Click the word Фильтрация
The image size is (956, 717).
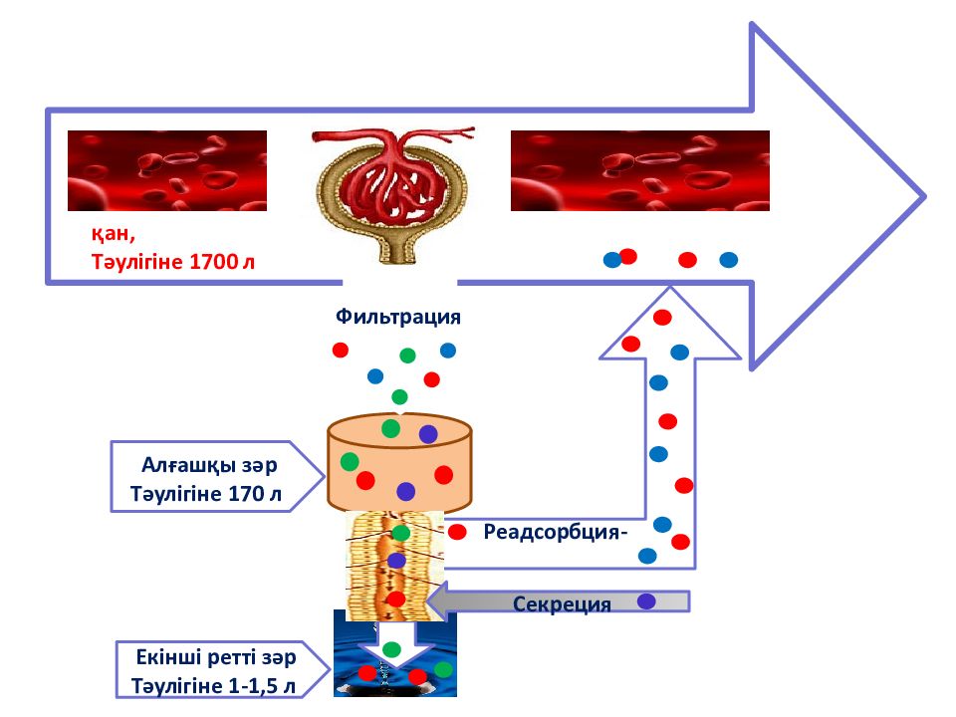[x=397, y=317]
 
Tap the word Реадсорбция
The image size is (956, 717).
[x=552, y=532]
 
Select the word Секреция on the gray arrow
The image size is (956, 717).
[x=562, y=603]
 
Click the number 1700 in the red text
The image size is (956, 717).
[x=213, y=262]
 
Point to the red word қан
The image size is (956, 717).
[x=113, y=233]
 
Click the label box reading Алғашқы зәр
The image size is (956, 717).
[x=216, y=476]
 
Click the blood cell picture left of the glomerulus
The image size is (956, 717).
[x=167, y=170]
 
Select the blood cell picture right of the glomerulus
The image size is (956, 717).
[x=640, y=170]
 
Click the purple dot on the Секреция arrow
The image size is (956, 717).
[x=646, y=601]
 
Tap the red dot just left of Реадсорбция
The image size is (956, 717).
[x=457, y=532]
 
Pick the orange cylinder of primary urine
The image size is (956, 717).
[x=399, y=462]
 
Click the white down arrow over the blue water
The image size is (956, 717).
[x=394, y=646]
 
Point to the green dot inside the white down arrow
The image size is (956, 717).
[x=391, y=648]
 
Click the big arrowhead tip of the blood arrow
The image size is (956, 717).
[x=925, y=196]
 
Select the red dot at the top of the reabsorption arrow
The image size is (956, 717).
[x=663, y=317]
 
